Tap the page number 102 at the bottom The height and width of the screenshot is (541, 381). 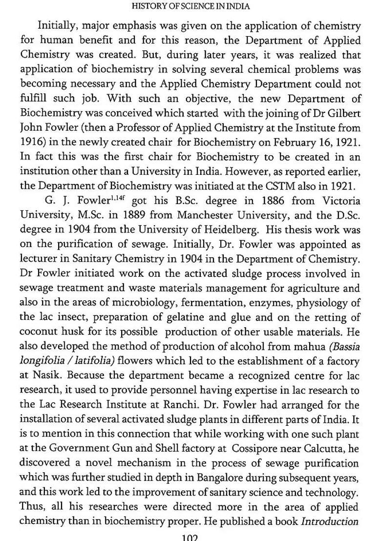pyautogui.click(x=190, y=536)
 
